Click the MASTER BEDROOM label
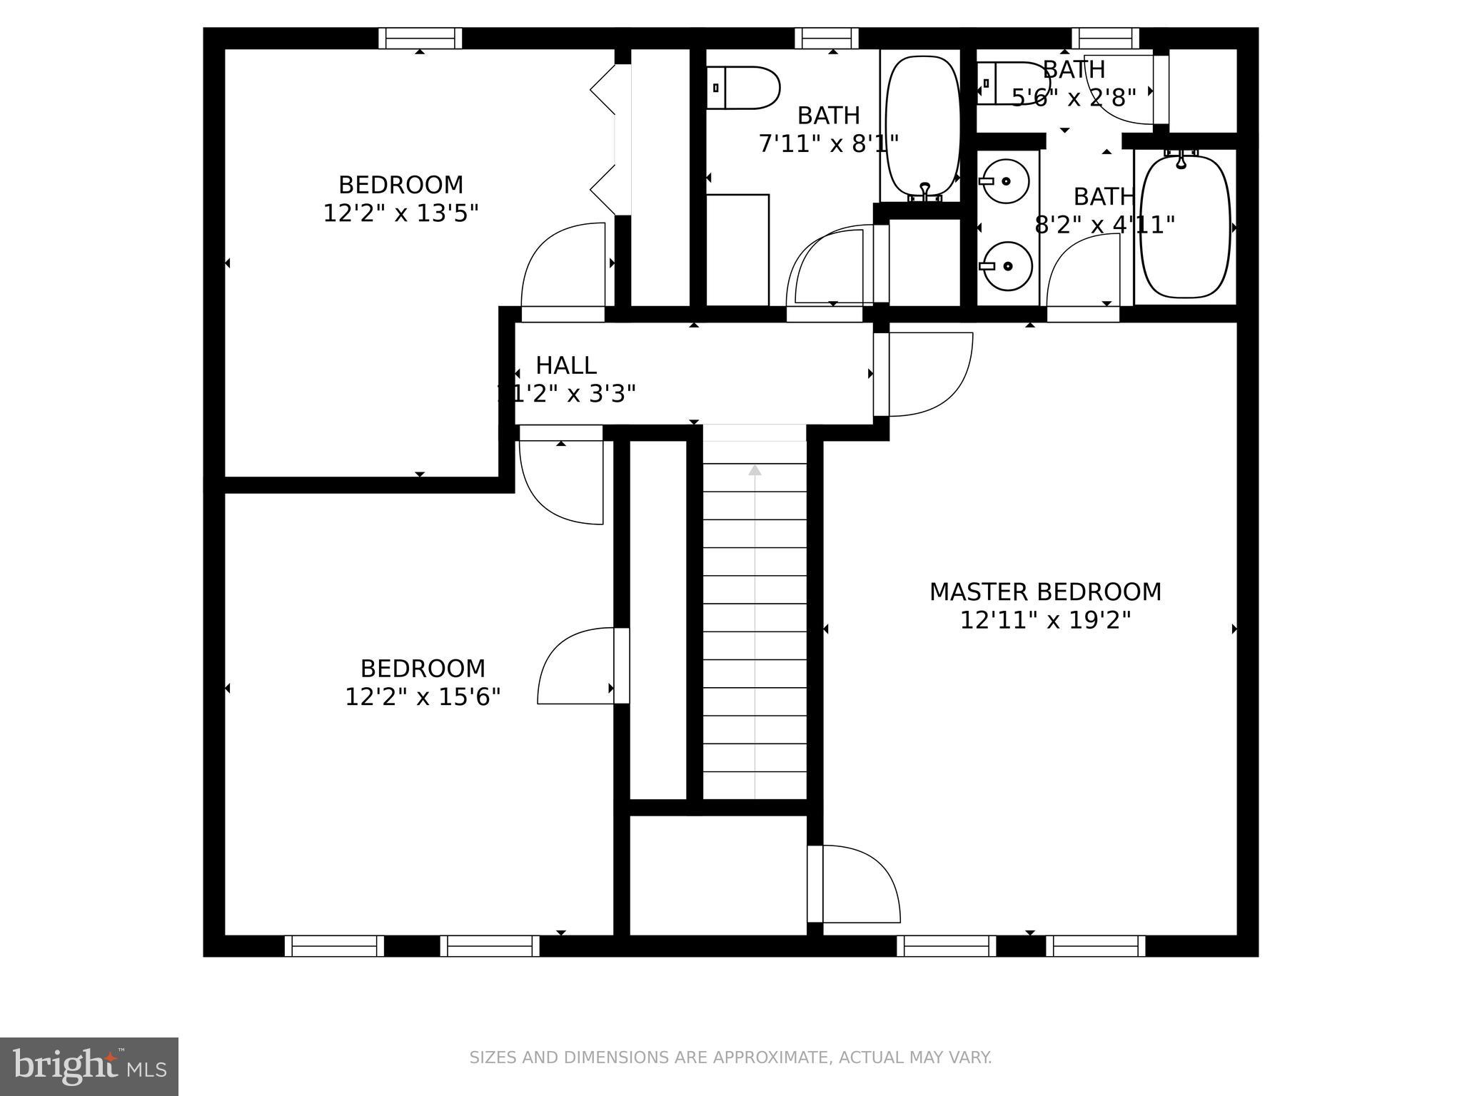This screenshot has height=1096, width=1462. [1045, 592]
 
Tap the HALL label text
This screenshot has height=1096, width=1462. [566, 365]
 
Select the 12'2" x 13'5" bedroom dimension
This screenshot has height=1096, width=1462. [400, 213]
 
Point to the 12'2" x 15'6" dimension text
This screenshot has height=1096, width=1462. [423, 697]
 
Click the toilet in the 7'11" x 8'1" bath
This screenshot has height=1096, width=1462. [742, 88]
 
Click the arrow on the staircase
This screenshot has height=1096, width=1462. [755, 470]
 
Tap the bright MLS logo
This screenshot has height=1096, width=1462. [89, 1066]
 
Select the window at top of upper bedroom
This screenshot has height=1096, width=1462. [420, 38]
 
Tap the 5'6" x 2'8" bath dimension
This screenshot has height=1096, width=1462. [1074, 98]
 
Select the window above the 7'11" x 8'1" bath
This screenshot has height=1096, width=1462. [826, 38]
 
